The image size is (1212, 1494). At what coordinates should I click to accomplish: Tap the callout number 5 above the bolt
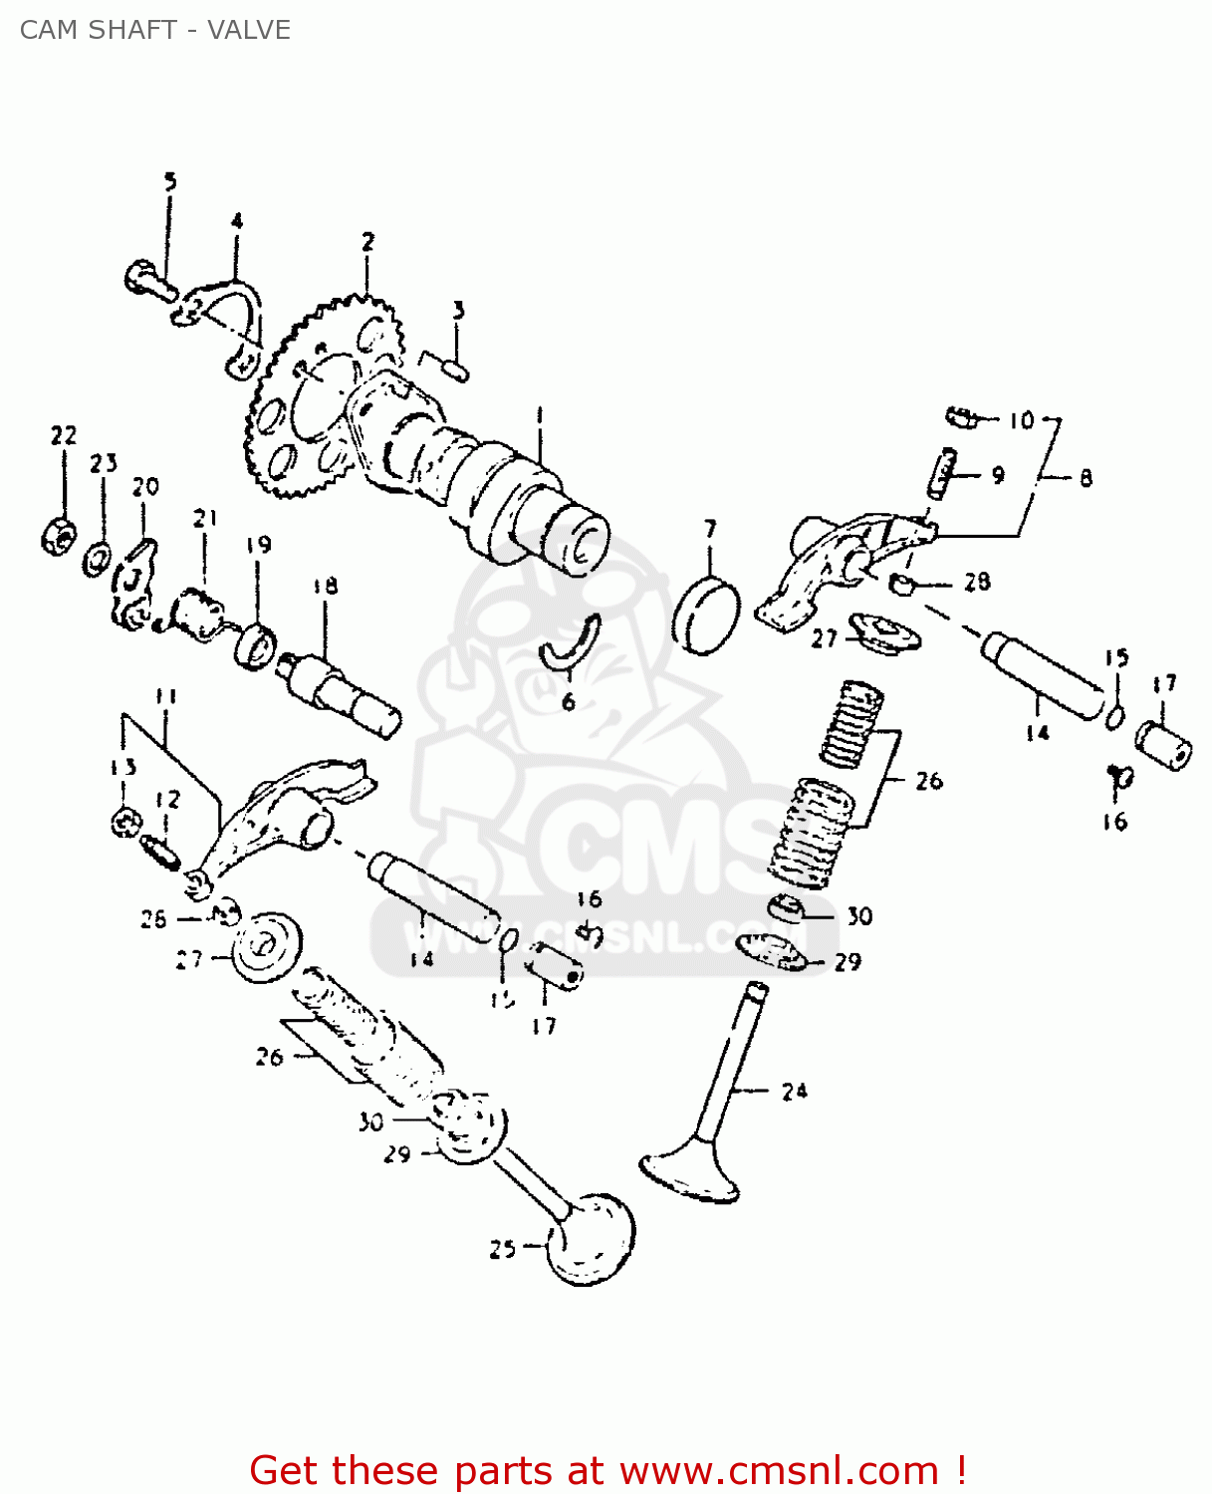click(170, 181)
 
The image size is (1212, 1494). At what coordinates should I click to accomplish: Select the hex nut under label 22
click(57, 537)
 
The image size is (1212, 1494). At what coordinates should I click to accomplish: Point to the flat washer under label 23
click(97, 559)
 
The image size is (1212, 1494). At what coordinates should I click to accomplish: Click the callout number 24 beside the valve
click(794, 1092)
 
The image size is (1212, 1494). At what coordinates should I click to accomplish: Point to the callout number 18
click(326, 586)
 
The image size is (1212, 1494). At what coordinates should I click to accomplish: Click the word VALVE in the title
click(249, 30)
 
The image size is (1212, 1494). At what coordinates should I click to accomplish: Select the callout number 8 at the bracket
click(1086, 478)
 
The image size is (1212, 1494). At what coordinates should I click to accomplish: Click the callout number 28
click(977, 582)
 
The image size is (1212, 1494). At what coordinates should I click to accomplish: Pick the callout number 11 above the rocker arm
click(166, 696)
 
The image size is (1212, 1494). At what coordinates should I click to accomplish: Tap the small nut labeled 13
click(124, 823)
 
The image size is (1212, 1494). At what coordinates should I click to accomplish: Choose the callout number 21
click(205, 518)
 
